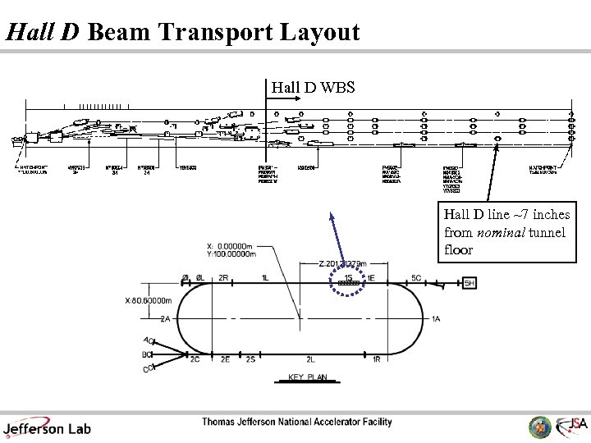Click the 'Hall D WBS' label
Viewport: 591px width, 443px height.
312,85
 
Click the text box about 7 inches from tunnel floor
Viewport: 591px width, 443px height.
506,232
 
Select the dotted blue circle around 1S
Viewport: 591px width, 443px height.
349,281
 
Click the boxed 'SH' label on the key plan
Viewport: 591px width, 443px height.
470,283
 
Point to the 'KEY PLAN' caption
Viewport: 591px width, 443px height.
307,378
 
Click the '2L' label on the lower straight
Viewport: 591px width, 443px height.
310,359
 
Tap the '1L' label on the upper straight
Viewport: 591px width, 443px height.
264,277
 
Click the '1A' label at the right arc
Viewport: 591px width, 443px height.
435,319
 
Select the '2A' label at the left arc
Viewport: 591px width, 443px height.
166,319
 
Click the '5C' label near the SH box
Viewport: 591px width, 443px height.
416,277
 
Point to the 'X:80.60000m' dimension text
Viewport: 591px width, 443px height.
149,300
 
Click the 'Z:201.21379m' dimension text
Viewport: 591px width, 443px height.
342,263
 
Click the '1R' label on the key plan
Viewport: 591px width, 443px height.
376,359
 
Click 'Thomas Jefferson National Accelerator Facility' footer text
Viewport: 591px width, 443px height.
297,422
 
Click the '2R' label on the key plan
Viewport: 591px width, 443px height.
223,277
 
